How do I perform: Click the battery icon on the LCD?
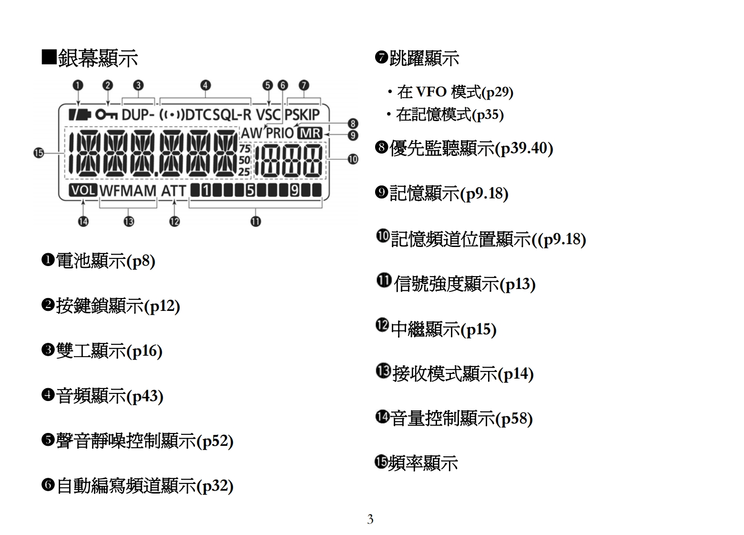79,115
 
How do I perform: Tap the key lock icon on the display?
106,115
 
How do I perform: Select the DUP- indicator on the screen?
138,115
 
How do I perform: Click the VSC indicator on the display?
268,115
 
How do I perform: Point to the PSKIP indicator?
302,115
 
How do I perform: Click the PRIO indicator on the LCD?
280,133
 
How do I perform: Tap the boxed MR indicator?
310,133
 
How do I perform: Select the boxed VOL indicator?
83,190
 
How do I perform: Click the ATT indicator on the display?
173,191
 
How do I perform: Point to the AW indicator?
251,133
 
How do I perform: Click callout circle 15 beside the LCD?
39,153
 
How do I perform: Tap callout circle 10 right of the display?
353,159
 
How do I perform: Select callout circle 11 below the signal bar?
256,221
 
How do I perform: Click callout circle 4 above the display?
205,85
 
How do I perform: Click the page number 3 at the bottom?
370,519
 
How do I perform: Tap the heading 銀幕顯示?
97,58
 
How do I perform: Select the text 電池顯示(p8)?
105,261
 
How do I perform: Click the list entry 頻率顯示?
422,463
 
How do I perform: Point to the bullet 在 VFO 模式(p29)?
455,92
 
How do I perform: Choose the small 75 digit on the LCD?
245,148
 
